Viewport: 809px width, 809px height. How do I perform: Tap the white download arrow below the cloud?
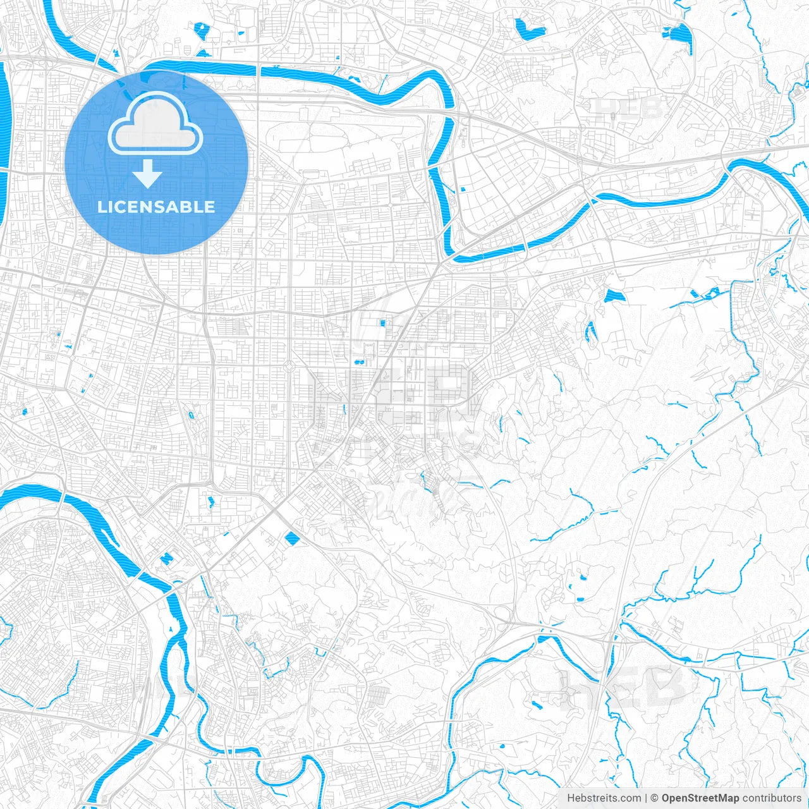[148, 174]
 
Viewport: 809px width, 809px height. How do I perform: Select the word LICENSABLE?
[156, 207]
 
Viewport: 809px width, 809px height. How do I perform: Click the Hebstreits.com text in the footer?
[604, 798]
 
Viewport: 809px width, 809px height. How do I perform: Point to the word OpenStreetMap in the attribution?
[700, 798]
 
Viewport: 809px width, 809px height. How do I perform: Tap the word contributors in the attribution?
[772, 798]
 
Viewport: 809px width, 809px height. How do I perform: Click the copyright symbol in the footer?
[655, 798]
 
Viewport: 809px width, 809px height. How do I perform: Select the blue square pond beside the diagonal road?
[292, 538]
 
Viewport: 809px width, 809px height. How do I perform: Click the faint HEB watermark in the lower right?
[623, 688]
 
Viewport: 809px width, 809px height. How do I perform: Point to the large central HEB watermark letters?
[392, 392]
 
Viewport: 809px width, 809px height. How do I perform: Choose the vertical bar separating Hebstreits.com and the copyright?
[646, 798]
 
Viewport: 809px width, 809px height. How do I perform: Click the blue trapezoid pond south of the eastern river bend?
[613, 296]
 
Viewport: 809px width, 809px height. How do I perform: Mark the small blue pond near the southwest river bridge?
[166, 559]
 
